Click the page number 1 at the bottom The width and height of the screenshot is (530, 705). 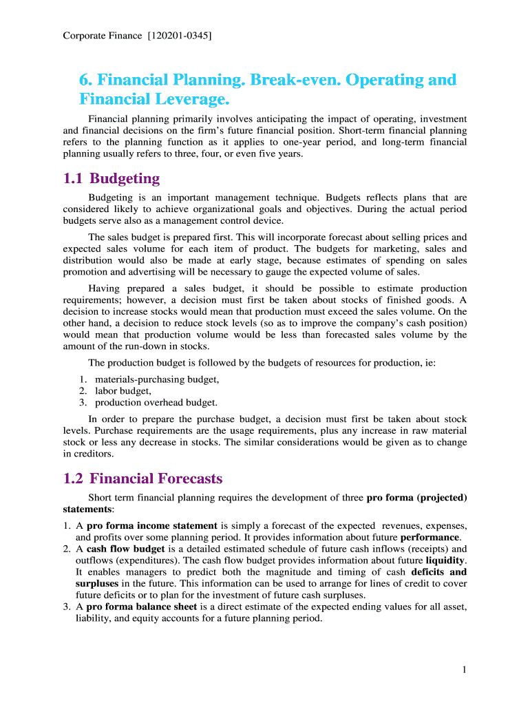[x=465, y=670]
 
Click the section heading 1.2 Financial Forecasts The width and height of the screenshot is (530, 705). [x=142, y=478]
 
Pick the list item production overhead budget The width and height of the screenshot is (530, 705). [x=156, y=402]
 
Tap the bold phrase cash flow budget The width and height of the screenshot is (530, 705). [x=125, y=549]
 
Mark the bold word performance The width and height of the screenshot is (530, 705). [x=430, y=537]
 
